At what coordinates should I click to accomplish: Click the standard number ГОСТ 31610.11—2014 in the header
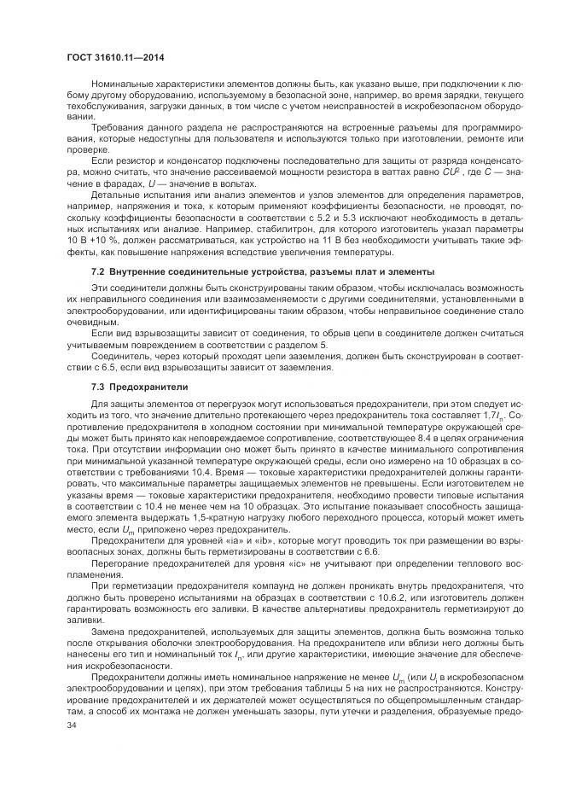(x=114, y=57)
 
